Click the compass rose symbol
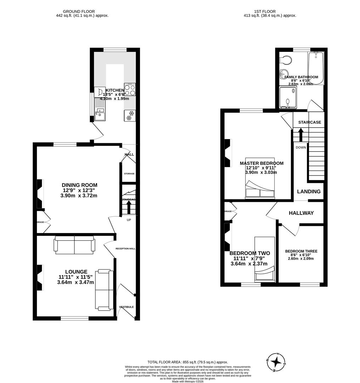click(277, 362)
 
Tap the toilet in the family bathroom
click(286, 60)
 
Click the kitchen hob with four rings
click(130, 89)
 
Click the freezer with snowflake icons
click(130, 115)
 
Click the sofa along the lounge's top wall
click(74, 245)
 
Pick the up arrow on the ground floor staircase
click(128, 208)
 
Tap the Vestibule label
click(126, 307)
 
